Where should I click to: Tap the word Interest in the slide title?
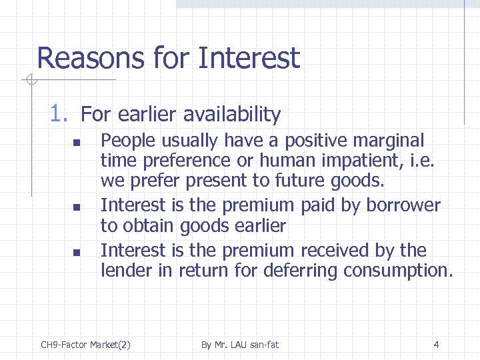click(249, 59)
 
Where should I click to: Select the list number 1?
click(58, 114)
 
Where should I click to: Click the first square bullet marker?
click(77, 143)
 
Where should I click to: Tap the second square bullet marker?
click(77, 208)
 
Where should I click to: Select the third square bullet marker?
click(77, 252)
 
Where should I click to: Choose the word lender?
click(123, 271)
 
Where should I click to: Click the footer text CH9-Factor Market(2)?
click(85, 345)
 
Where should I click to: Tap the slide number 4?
click(436, 345)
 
